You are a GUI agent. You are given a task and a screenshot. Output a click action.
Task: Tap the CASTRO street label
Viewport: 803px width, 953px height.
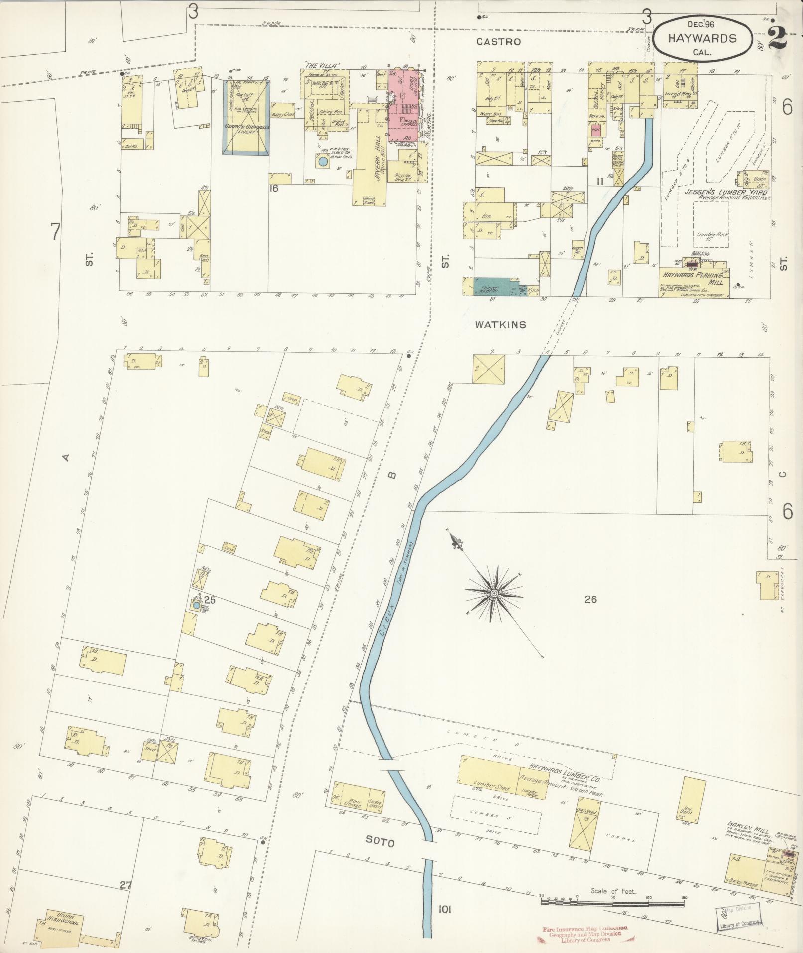click(498, 42)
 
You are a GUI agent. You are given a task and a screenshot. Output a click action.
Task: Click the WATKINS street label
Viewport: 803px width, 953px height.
click(500, 325)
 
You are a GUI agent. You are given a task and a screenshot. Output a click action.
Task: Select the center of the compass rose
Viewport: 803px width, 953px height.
click(494, 593)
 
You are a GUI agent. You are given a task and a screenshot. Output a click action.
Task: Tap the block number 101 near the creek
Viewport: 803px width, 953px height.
click(444, 909)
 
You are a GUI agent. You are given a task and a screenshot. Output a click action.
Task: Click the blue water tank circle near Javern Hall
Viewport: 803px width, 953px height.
click(323, 162)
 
